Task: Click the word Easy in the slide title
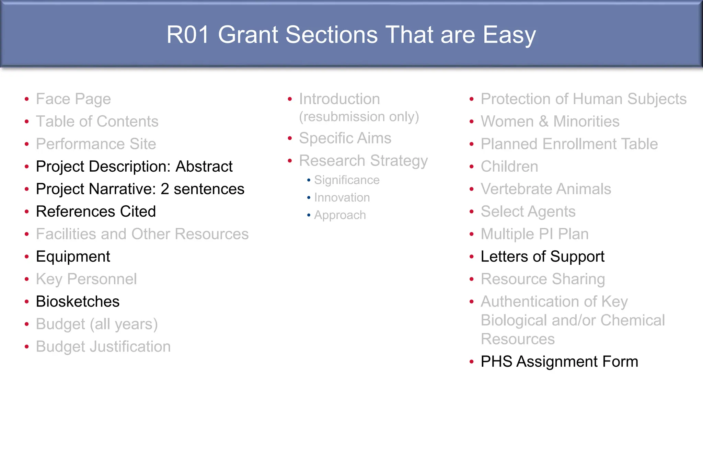click(509, 35)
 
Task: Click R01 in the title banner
click(188, 35)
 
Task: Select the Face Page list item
click(73, 99)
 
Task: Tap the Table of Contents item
click(97, 122)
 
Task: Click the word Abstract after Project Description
click(204, 167)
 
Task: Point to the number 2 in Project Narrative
click(165, 189)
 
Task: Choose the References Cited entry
click(96, 211)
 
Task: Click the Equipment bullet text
click(73, 257)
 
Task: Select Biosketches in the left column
click(78, 301)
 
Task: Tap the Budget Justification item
click(103, 347)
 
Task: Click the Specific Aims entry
click(345, 138)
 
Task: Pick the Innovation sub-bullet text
click(342, 198)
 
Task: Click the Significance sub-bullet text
click(347, 180)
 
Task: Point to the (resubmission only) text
click(359, 117)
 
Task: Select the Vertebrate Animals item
click(546, 189)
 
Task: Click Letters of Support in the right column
click(542, 257)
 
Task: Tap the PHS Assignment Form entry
click(559, 362)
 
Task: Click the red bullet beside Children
click(472, 167)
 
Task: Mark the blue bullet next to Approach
click(309, 216)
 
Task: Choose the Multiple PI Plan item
click(534, 234)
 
